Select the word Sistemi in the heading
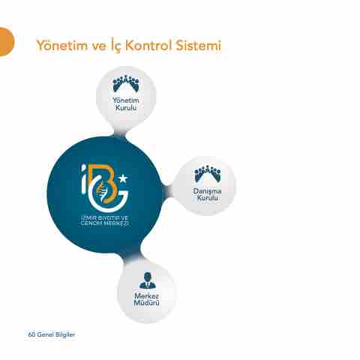199,45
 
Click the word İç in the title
115,46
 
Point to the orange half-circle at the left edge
6,42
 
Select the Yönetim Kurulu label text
126,104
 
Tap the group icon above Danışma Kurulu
208,174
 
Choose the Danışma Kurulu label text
207,194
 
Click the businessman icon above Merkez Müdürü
148,280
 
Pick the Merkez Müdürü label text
147,299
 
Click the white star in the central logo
123,178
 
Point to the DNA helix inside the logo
103,192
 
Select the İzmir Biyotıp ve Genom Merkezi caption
105,220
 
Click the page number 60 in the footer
31,334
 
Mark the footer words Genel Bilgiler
55,334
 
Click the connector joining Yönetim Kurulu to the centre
121,132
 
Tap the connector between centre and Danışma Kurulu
166,190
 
